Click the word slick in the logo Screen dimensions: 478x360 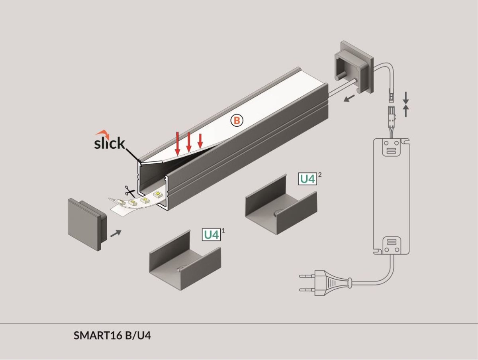110,143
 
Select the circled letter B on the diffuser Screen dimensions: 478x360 237,120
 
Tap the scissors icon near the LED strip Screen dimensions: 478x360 130,192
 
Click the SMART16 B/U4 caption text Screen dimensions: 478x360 112,336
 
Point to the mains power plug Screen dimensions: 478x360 325,283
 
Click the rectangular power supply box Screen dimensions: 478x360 391,196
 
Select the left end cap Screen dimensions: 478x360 87,224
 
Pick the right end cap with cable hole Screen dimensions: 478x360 353,67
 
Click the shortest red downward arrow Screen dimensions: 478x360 200,141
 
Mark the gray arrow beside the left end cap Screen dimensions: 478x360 116,233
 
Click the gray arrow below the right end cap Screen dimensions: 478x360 349,98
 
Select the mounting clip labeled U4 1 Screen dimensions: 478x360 185,260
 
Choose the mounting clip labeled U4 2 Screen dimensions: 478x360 281,204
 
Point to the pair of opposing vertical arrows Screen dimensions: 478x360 406,104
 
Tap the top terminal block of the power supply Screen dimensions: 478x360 391,148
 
